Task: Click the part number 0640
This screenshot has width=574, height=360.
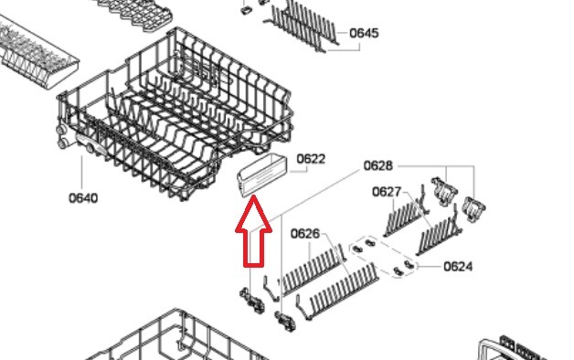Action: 83,198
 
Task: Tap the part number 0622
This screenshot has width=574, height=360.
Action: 311,159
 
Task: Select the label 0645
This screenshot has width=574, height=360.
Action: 364,33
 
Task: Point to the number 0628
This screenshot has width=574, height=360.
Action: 377,165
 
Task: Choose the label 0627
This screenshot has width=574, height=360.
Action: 387,192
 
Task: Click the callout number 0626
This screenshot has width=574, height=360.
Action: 305,233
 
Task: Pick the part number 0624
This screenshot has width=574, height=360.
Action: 458,266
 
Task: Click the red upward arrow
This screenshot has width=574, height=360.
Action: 253,230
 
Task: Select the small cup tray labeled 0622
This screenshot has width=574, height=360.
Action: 262,175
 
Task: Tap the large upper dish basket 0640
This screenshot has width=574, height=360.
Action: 175,113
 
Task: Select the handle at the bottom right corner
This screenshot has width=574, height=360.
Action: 513,349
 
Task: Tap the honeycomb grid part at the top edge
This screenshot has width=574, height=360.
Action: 135,15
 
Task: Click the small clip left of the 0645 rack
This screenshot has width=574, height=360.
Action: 246,10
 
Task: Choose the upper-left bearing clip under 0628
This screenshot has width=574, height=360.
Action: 444,190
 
